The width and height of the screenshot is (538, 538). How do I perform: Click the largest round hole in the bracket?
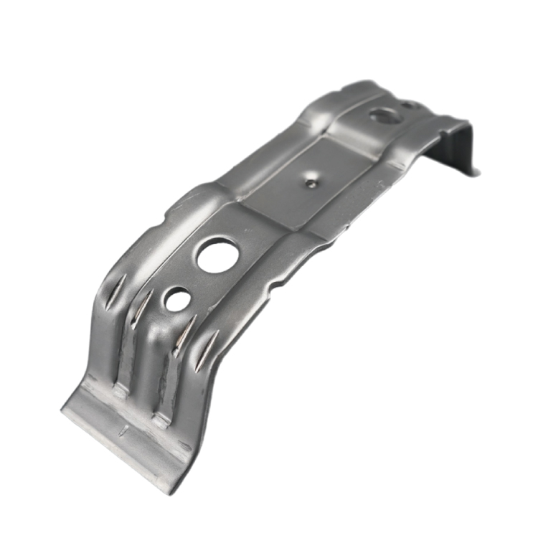217,256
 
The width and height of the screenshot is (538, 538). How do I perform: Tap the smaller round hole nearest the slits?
177,299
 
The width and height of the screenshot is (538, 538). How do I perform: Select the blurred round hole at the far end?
383,114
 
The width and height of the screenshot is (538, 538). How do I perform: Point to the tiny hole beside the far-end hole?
407,105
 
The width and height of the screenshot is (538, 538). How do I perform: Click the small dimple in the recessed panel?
310,182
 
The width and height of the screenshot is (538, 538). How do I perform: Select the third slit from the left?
184,329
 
